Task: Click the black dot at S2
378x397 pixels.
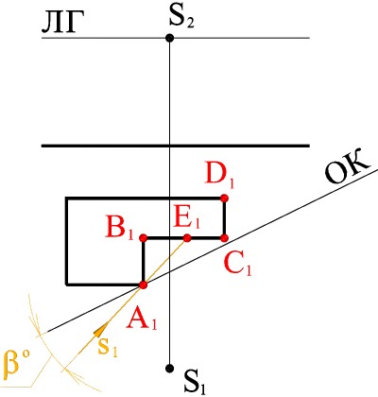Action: (170, 38)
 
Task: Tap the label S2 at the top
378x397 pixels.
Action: (181, 18)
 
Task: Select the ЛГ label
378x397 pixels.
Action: (60, 24)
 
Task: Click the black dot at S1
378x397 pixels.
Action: (170, 368)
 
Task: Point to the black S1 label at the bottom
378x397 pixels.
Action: (195, 382)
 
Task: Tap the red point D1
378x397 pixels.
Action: (224, 198)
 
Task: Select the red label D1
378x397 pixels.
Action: (220, 173)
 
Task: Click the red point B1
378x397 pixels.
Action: (144, 237)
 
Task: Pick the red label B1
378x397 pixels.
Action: (120, 228)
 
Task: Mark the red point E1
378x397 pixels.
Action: (187, 237)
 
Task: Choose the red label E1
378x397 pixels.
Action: (187, 217)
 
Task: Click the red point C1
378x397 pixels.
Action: (224, 238)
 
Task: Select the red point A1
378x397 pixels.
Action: (144, 285)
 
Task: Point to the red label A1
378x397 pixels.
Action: (142, 319)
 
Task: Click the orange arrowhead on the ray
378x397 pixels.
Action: (100, 330)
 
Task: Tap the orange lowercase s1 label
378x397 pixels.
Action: (108, 347)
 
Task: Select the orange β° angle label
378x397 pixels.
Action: (17, 362)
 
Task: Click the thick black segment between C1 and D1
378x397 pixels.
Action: (224, 218)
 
